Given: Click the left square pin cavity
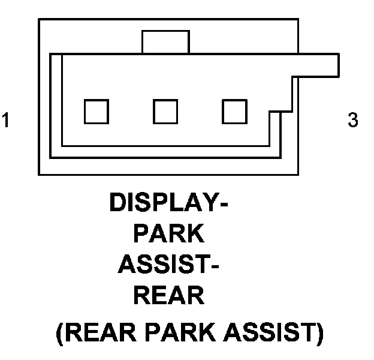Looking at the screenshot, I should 96,111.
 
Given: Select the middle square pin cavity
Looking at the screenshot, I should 165,111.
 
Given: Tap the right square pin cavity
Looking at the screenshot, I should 235,111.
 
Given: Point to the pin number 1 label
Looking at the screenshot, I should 5,120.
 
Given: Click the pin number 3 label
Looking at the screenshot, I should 353,120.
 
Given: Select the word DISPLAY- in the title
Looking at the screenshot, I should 168,203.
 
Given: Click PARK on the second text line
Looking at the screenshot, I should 169,234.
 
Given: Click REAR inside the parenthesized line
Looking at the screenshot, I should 99,332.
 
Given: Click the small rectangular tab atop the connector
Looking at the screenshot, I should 165,43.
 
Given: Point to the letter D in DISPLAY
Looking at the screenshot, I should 119,203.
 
